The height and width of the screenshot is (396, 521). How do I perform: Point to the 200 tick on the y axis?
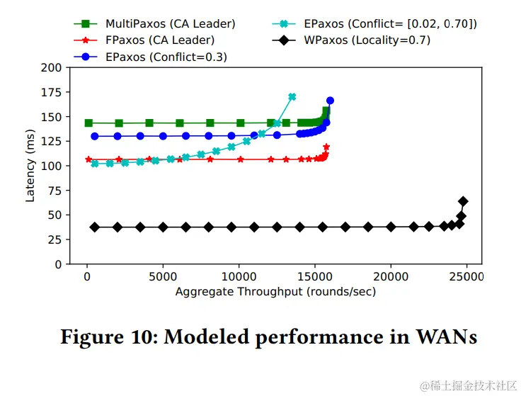tap(51, 68)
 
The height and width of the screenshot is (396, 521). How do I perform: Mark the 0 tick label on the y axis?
tap(57, 264)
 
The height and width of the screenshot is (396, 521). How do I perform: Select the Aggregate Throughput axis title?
tap(275, 292)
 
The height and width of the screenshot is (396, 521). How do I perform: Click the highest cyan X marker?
tap(292, 97)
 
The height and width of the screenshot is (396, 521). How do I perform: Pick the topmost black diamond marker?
tap(463, 201)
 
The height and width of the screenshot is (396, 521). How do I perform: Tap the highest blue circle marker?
tap(330, 101)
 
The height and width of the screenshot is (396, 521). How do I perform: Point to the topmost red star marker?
tap(326, 147)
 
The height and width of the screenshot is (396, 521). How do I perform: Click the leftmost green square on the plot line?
tap(89, 123)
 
